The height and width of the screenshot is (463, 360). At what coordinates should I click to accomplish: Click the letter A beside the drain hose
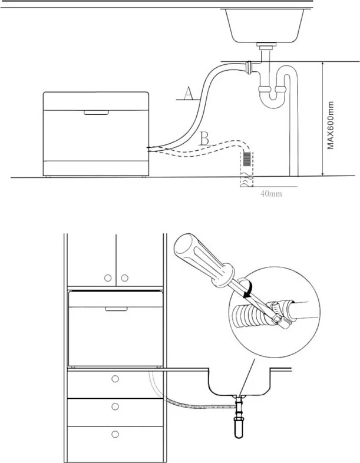click(x=188, y=93)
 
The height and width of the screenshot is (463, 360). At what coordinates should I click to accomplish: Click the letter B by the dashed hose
click(x=204, y=138)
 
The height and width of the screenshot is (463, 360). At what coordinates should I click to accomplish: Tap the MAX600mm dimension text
click(x=331, y=125)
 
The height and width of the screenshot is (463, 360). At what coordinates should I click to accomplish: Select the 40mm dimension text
click(x=271, y=194)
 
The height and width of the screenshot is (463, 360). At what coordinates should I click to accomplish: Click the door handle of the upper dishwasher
click(x=96, y=113)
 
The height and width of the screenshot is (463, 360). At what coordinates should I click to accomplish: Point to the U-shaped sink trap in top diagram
click(x=272, y=94)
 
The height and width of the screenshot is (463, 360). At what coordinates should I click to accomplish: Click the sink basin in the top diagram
click(x=265, y=26)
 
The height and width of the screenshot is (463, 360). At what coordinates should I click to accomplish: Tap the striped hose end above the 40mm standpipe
click(x=248, y=160)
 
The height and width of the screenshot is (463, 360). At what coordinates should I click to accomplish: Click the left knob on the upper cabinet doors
click(x=108, y=278)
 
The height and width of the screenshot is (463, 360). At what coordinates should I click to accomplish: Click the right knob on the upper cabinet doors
click(x=125, y=278)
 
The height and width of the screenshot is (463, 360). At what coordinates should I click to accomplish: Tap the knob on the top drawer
click(x=115, y=379)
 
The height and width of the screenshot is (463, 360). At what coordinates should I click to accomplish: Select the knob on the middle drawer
click(x=115, y=406)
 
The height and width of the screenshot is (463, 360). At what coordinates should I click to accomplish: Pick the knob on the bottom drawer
click(x=115, y=434)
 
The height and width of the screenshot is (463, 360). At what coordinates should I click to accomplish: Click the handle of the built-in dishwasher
click(x=116, y=309)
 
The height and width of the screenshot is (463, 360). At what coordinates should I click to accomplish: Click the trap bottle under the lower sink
click(x=239, y=427)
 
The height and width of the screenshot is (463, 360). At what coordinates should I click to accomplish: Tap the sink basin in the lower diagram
click(x=239, y=382)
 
